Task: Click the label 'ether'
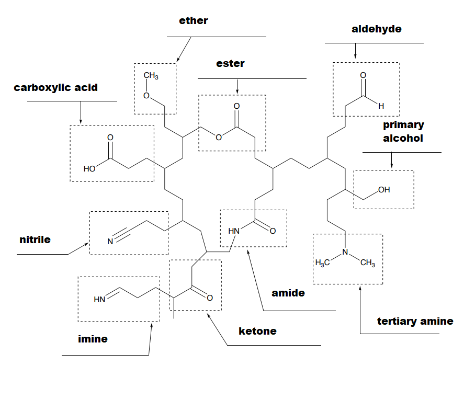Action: [193, 21]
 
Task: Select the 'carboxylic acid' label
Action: [55, 87]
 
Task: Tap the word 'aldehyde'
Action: [377, 29]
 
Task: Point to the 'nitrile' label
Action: [35, 240]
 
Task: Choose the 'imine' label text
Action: [93, 339]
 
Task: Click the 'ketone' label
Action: [257, 331]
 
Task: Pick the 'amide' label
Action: [288, 293]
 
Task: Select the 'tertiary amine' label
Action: [415, 321]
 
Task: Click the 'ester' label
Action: [230, 64]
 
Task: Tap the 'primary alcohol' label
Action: [403, 132]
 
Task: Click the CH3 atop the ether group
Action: [151, 76]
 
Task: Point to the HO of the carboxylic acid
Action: [89, 169]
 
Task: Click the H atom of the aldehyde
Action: [381, 106]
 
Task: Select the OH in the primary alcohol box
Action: [384, 190]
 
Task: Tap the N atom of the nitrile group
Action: [110, 242]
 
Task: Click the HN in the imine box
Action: [99, 300]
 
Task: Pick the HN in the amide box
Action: [234, 231]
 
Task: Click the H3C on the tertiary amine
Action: [322, 263]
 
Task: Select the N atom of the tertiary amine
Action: [345, 253]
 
